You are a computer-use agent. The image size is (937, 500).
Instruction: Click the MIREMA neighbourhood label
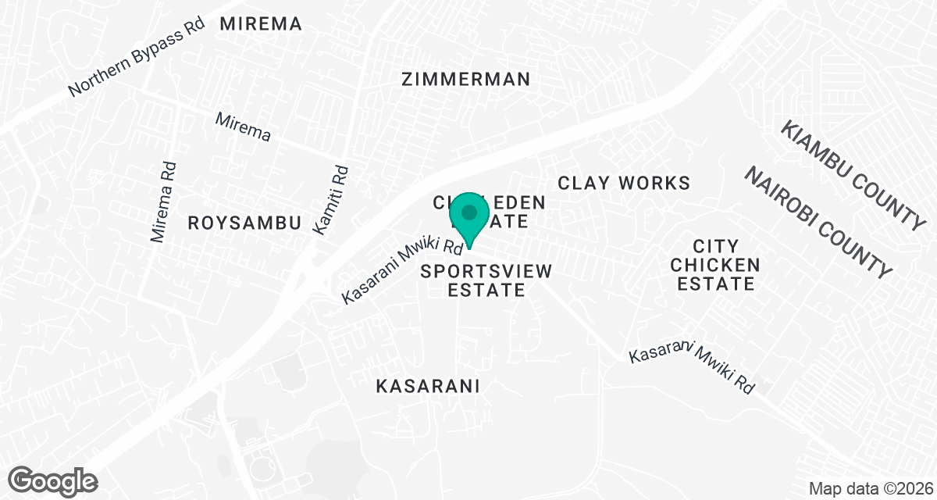[x=261, y=24]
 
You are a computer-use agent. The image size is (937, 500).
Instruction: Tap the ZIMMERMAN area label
[x=465, y=79]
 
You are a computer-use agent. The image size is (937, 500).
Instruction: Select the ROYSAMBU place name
[x=244, y=223]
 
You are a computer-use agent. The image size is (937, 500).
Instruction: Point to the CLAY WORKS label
[x=624, y=183]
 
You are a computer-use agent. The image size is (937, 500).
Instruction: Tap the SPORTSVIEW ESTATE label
[x=486, y=280]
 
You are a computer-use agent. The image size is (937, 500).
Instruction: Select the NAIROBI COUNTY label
[x=817, y=222]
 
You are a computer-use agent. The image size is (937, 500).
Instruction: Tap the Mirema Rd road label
[x=165, y=201]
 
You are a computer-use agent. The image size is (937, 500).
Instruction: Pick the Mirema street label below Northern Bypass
[x=243, y=128]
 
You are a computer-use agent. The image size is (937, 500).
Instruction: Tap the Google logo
[x=54, y=480]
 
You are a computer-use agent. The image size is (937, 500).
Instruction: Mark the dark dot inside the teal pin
[x=469, y=212]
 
